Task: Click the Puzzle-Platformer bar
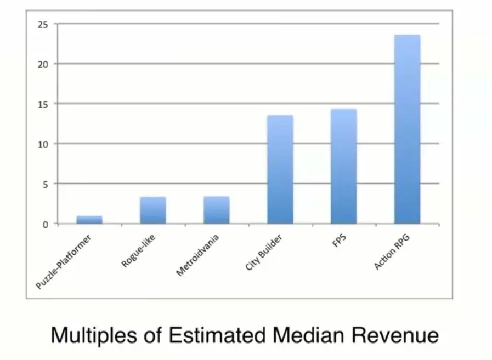89,220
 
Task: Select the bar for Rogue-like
153,210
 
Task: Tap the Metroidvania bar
216,210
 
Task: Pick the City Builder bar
280,169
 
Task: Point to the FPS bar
343,167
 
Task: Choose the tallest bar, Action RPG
407,129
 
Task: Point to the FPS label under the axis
338,238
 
